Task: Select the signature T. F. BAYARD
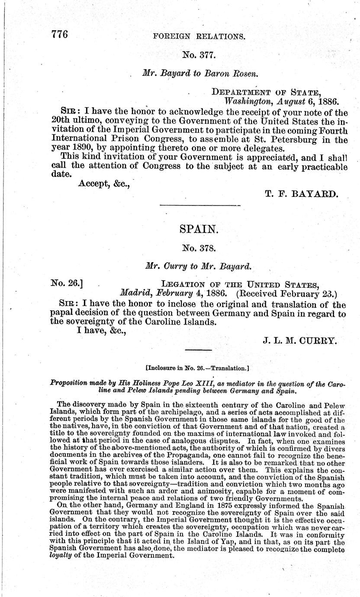300,194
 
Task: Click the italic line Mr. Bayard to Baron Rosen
200,73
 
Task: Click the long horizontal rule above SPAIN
199,205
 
